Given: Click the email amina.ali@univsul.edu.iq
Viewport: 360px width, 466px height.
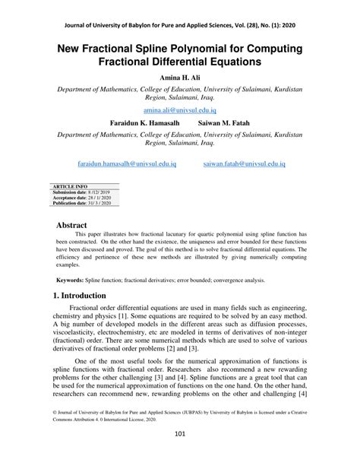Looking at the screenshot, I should [x=180, y=110].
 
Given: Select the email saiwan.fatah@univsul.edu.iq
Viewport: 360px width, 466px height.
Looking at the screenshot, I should [x=245, y=163].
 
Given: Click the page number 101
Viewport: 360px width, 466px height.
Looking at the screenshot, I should [x=180, y=455].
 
